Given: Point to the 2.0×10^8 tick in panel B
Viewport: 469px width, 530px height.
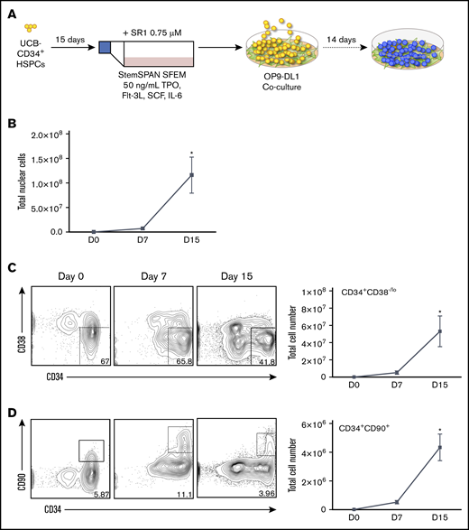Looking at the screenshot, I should (x=65, y=135).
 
